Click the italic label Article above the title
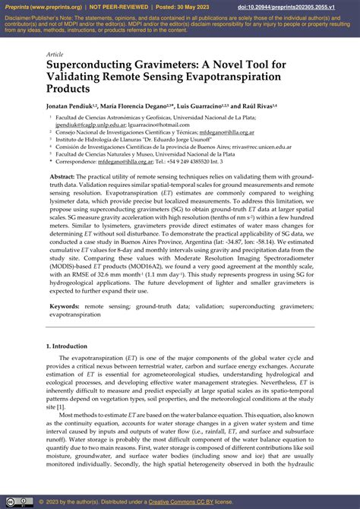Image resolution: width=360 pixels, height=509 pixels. (55, 55)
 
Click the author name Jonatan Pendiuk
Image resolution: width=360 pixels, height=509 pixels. (72, 106)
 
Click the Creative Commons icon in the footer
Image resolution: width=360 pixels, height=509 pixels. (10, 501)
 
